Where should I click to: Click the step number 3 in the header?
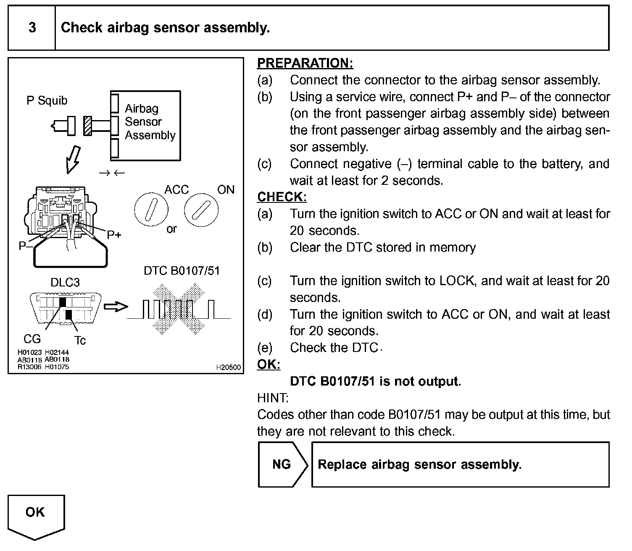pos(32,28)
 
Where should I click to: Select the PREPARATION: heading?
pos(305,63)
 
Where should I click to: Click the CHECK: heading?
pos(282,197)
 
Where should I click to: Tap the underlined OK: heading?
pos(268,365)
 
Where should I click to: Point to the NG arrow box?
pos(282,464)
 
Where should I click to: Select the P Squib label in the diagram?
pos(47,101)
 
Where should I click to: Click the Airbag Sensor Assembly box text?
pos(149,122)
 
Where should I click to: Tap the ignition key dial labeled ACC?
pos(151,209)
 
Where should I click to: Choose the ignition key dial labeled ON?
pos(201,209)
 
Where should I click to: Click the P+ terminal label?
pos(114,235)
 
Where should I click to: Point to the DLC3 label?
pos(65,283)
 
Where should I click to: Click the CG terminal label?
pos(32,338)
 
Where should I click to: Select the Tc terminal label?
pos(80,340)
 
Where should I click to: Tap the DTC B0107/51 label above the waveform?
pos(182,271)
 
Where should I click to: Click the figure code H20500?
pos(228,367)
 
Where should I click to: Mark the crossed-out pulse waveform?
pos(179,310)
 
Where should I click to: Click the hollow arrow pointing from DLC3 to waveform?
pos(116,307)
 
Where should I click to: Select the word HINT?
pos(273,398)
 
